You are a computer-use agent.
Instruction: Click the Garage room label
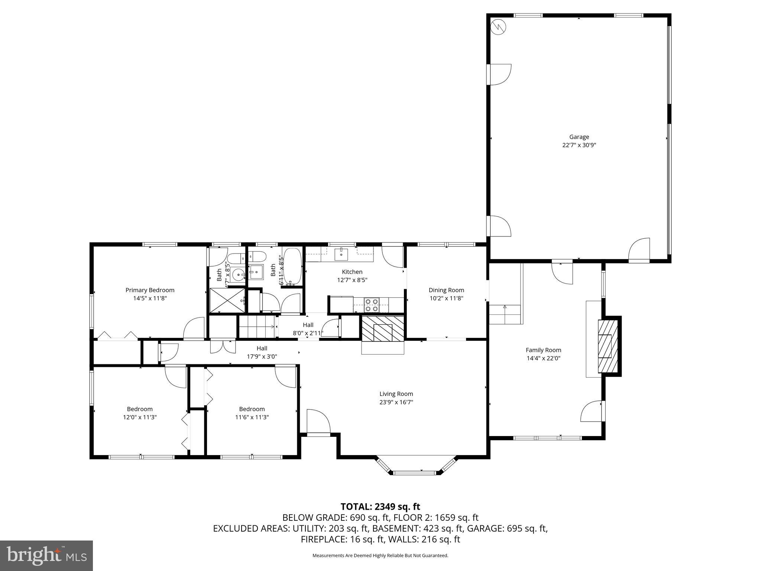click(x=579, y=137)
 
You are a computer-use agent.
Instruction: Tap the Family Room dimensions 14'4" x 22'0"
click(x=543, y=358)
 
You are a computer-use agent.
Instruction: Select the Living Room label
click(x=396, y=394)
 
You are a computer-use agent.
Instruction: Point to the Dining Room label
click(x=446, y=290)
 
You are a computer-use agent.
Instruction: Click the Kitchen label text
click(x=352, y=272)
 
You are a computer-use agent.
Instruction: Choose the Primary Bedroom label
click(x=150, y=290)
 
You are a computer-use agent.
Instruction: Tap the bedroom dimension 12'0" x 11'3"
click(x=140, y=417)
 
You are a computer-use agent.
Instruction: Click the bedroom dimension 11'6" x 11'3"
click(x=252, y=417)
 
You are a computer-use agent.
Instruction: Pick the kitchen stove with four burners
click(x=372, y=305)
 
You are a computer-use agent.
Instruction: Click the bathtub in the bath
click(x=292, y=266)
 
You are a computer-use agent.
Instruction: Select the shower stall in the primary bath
click(x=227, y=300)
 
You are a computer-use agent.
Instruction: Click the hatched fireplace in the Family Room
click(x=608, y=346)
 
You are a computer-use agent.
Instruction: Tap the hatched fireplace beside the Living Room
click(x=383, y=329)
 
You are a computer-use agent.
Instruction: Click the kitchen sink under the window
click(x=341, y=255)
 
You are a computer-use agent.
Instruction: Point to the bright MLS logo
click(x=46, y=555)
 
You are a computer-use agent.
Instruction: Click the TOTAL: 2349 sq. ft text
click(x=380, y=506)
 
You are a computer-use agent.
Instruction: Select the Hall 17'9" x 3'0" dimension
click(x=262, y=357)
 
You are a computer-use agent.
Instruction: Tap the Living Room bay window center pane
click(x=414, y=473)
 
